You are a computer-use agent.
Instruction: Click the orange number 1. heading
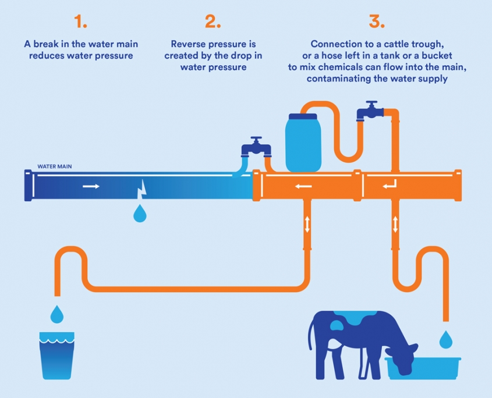click(x=80, y=22)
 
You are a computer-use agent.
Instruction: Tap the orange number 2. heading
click(x=213, y=22)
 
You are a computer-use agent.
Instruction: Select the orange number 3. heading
click(x=377, y=22)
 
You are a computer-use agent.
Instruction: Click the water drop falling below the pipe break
click(x=140, y=214)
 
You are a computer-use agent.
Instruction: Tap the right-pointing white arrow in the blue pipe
click(x=90, y=187)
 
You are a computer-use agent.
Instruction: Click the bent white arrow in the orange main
click(x=390, y=186)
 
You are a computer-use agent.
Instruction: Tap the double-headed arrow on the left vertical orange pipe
click(x=307, y=224)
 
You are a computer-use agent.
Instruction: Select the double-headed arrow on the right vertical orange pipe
click(x=395, y=224)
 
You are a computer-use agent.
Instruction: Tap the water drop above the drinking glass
click(x=56, y=314)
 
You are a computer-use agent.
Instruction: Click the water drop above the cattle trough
click(x=445, y=338)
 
